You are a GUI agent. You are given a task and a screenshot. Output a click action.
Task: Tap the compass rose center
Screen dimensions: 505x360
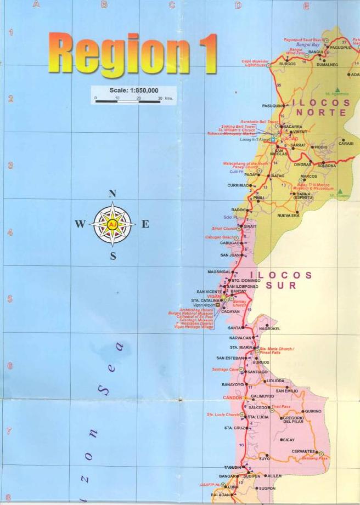[x=113, y=224]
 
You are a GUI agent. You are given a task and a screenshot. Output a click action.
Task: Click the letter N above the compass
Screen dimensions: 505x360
[x=113, y=194]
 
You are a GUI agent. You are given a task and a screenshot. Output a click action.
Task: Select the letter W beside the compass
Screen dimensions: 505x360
[x=80, y=224]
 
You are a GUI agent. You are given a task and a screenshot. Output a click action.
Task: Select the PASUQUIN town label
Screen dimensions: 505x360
[x=272, y=105]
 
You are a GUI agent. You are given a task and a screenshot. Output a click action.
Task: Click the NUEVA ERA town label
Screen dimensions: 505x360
[x=288, y=215]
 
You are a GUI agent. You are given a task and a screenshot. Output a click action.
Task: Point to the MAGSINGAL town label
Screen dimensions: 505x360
[x=220, y=272]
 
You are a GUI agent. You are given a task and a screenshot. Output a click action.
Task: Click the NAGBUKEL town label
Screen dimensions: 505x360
[x=269, y=329]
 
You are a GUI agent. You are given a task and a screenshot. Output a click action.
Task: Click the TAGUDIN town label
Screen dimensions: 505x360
[x=233, y=467]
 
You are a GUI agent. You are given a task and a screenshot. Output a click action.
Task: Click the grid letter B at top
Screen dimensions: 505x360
[x=104, y=5]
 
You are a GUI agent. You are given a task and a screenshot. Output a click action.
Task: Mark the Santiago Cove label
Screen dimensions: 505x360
[x=224, y=370]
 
